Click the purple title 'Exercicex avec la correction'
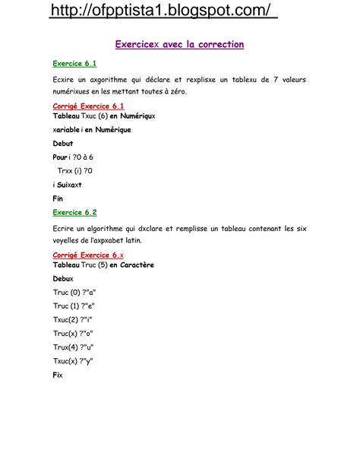[179, 45]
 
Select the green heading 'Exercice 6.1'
[74, 64]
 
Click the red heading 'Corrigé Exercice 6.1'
[88, 106]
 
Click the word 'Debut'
[64, 143]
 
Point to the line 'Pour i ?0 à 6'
[73, 157]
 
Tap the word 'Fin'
[58, 198]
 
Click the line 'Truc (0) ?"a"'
[74, 292]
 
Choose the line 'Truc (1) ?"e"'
[74, 306]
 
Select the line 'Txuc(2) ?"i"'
[73, 319]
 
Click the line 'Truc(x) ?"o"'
[73, 333]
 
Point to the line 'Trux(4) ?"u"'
[73, 347]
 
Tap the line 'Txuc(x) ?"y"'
[73, 360]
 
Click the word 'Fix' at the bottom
[58, 375]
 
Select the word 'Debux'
[63, 278]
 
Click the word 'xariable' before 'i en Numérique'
[67, 129]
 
